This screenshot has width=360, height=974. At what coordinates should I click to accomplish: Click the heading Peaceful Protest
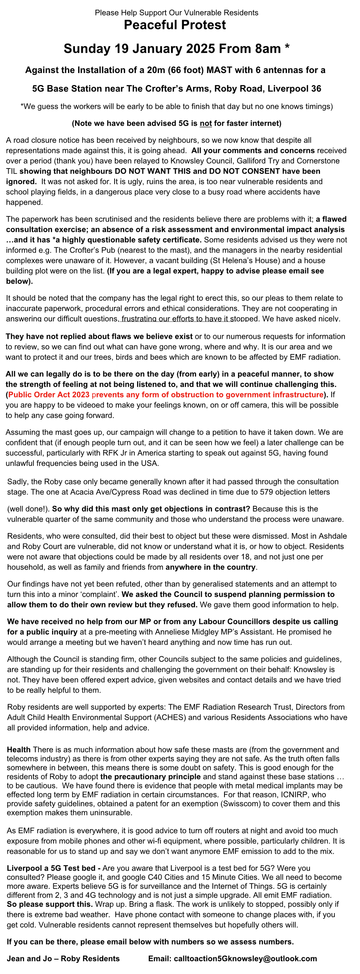click(x=175, y=25)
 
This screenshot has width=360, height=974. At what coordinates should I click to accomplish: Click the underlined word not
click(x=206, y=123)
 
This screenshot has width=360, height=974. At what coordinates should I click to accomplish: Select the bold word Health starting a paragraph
click(x=19, y=750)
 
